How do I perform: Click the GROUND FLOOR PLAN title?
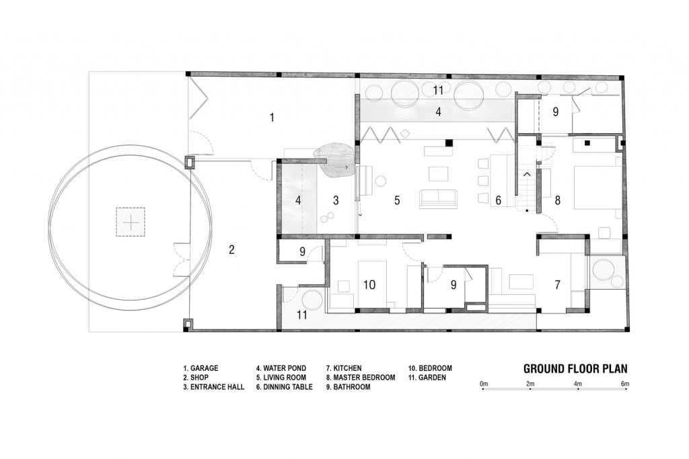coord(575,368)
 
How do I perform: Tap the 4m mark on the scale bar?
coord(577,384)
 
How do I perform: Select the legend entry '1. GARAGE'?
coord(201,368)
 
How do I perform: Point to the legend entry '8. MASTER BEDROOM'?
coord(361,378)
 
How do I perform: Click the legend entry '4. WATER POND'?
coord(281,368)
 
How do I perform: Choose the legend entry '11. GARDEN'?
coord(427,378)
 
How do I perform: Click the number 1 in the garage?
coord(272,117)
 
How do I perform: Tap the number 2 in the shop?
coord(231,250)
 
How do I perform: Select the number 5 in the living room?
coord(397,200)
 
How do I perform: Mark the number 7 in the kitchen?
coord(557,285)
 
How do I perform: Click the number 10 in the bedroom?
coord(369,285)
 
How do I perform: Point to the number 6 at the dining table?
coord(499,200)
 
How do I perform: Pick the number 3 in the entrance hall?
coord(336,200)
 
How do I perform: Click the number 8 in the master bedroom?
coord(558,200)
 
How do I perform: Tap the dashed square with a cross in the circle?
coord(131,222)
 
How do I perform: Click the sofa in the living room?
coord(438,199)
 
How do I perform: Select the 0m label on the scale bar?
coord(484,384)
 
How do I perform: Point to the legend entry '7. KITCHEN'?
coord(344,368)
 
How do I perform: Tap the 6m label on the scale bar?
coord(625,384)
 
